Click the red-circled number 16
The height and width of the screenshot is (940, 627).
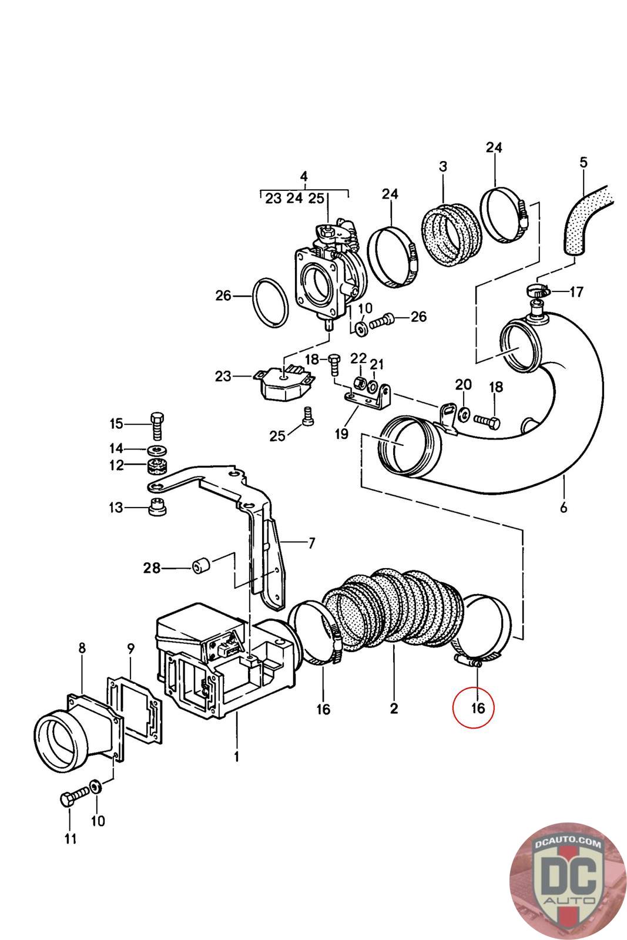pyautogui.click(x=478, y=708)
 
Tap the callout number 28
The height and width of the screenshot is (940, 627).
pyautogui.click(x=152, y=568)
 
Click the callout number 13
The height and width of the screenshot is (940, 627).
pyautogui.click(x=116, y=507)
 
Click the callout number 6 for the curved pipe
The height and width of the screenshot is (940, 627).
pyautogui.click(x=564, y=507)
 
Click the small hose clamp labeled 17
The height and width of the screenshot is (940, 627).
pyautogui.click(x=536, y=290)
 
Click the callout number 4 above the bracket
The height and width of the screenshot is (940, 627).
pyautogui.click(x=303, y=176)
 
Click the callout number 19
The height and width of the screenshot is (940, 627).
pyautogui.click(x=341, y=434)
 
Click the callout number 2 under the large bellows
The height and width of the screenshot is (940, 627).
pyautogui.click(x=394, y=708)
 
